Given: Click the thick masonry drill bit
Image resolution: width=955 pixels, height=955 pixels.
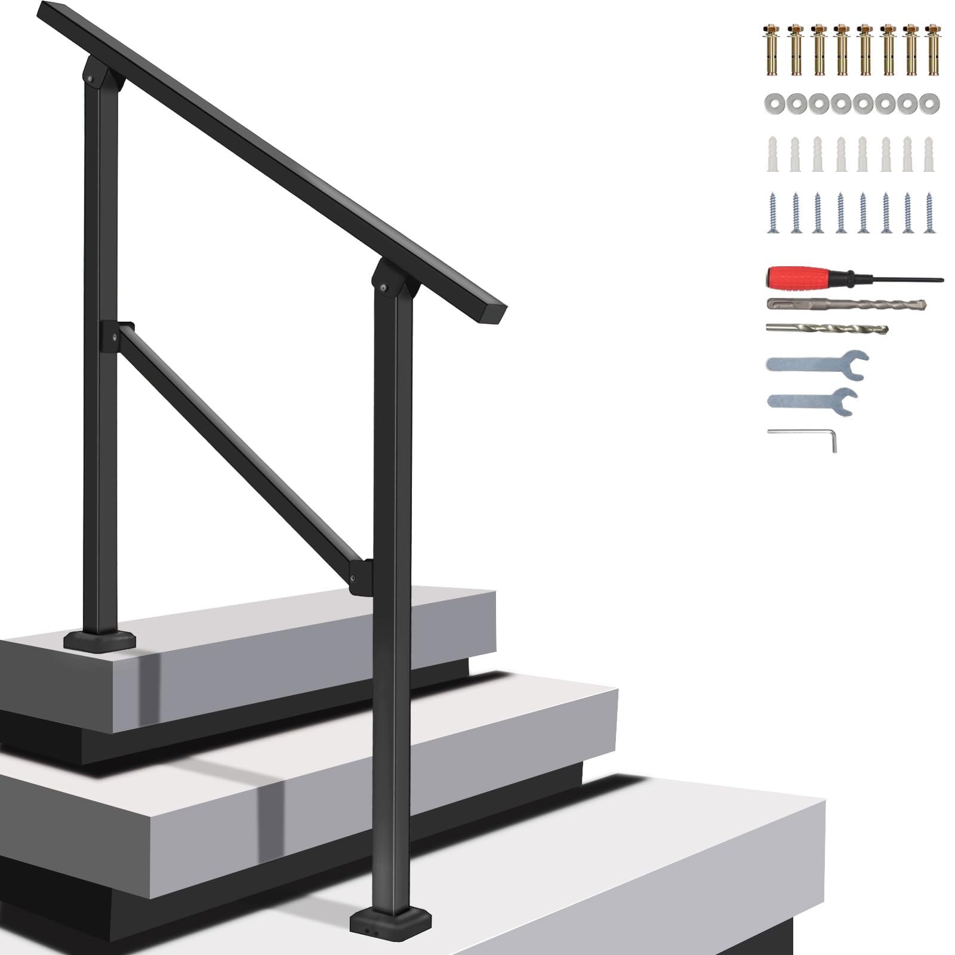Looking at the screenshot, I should click(845, 304).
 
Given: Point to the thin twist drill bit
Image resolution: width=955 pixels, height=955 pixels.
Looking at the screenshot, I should click(827, 328).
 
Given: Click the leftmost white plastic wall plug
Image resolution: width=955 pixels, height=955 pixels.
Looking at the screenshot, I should click(774, 154).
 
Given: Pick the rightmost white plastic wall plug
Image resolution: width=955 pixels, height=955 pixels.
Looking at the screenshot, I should click(929, 154).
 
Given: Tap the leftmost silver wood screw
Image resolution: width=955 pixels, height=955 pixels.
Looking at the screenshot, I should click(774, 212).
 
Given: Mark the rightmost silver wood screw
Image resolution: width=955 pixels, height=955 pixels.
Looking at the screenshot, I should click(929, 212).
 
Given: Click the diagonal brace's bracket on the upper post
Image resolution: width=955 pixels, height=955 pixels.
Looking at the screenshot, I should click(116, 334).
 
